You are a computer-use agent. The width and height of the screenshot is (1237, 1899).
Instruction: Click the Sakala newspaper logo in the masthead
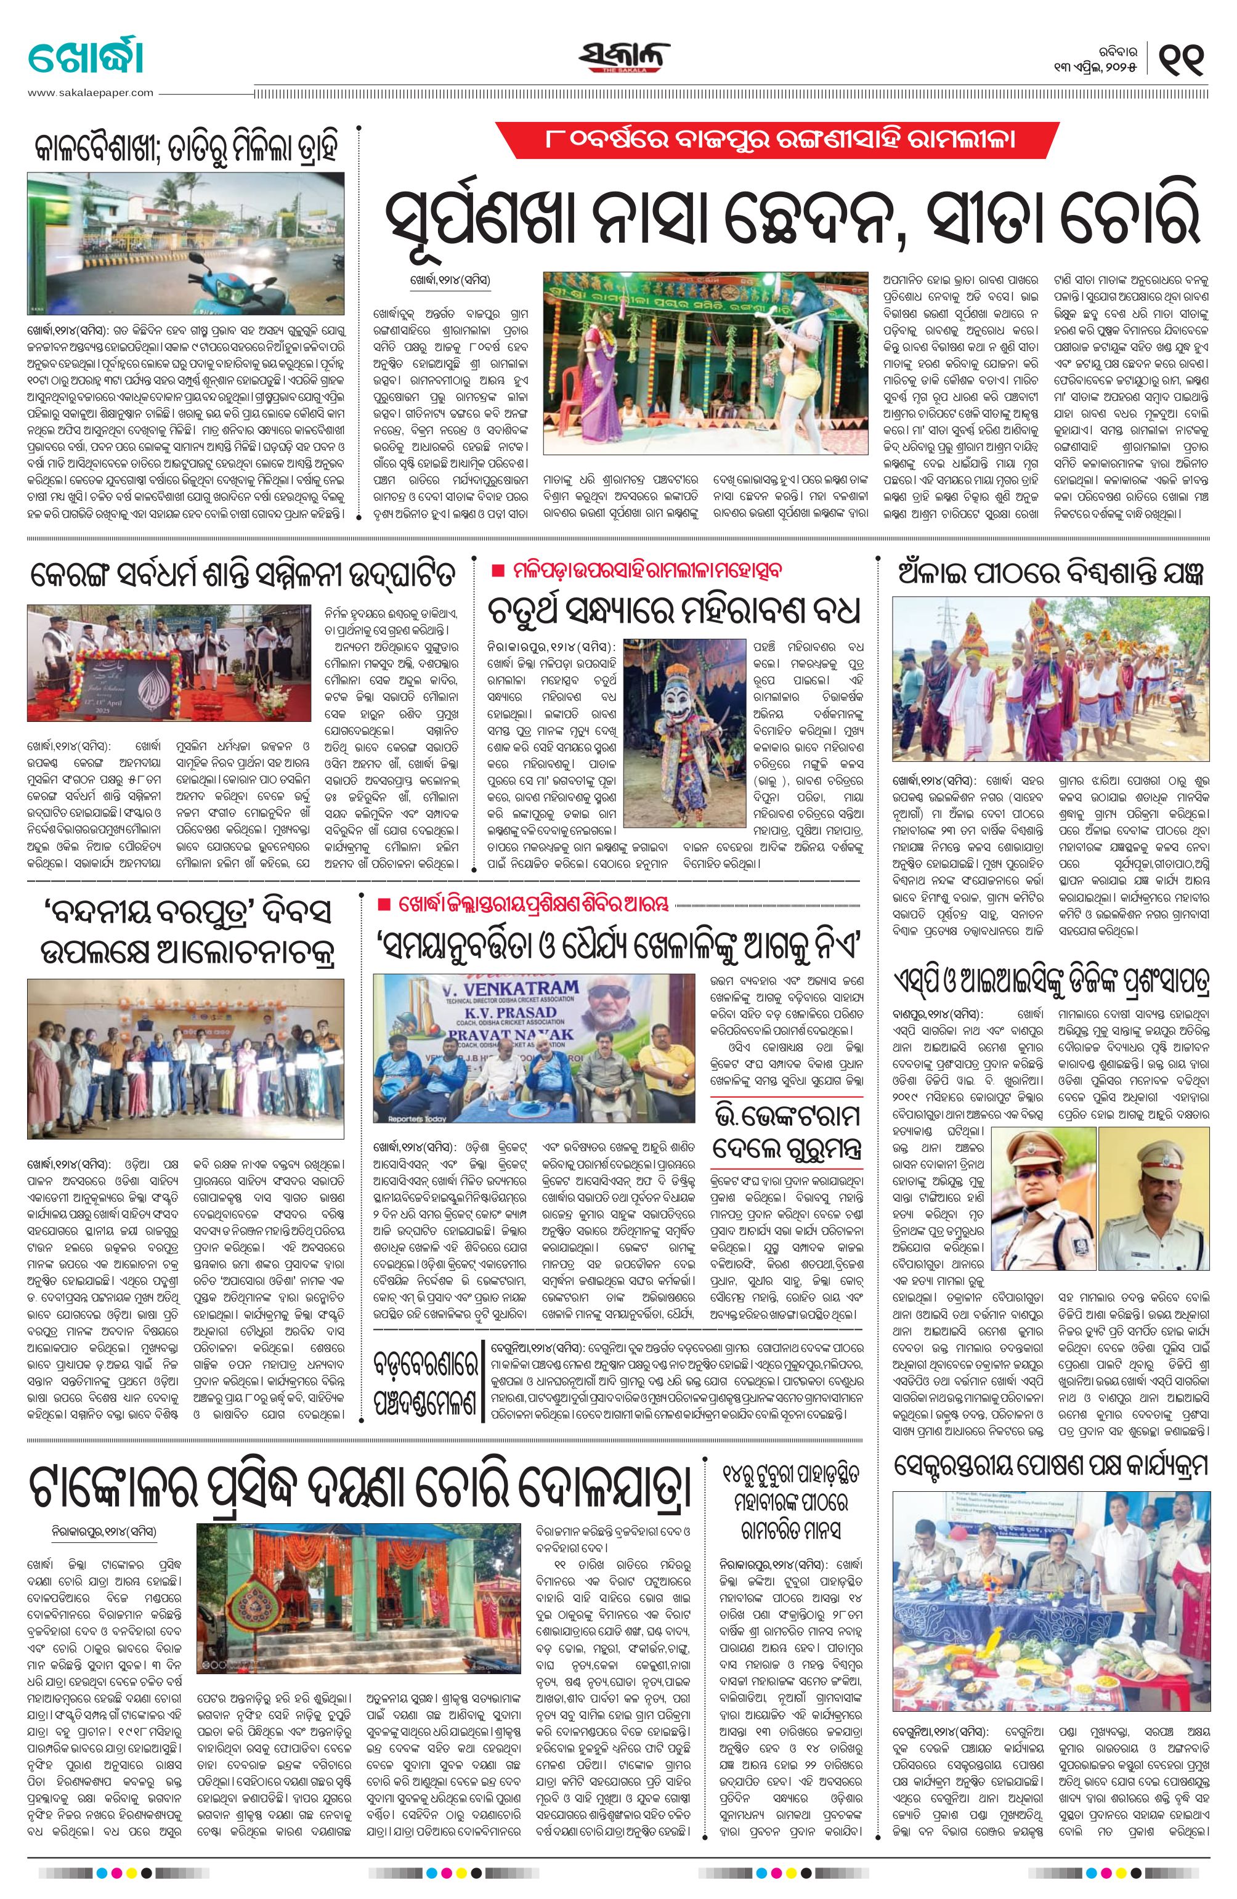(x=625, y=57)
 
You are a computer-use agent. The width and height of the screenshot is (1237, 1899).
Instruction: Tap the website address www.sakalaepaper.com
(x=90, y=92)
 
